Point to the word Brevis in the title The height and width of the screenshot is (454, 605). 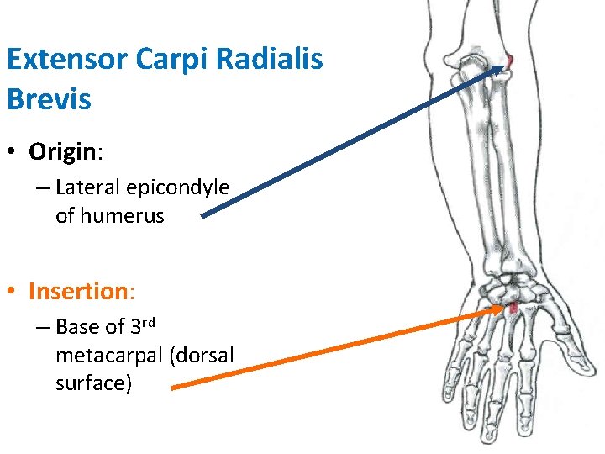49,98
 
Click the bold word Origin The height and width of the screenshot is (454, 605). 63,151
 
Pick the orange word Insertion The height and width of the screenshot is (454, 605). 76,291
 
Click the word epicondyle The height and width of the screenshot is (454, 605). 177,187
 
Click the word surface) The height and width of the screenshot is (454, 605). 93,383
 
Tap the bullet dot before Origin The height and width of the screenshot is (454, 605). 13,152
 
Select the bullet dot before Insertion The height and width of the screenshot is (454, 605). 13,292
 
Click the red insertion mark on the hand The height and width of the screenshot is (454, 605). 512,308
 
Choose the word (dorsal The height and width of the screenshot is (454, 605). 202,355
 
